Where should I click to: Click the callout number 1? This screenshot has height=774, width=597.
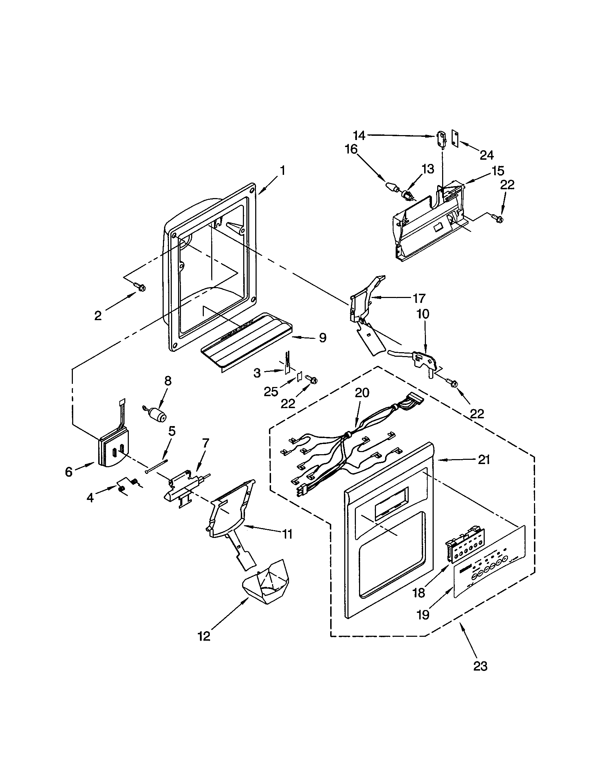(x=282, y=171)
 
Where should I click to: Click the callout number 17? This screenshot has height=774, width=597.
(x=419, y=298)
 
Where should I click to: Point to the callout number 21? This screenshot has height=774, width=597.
(x=484, y=460)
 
